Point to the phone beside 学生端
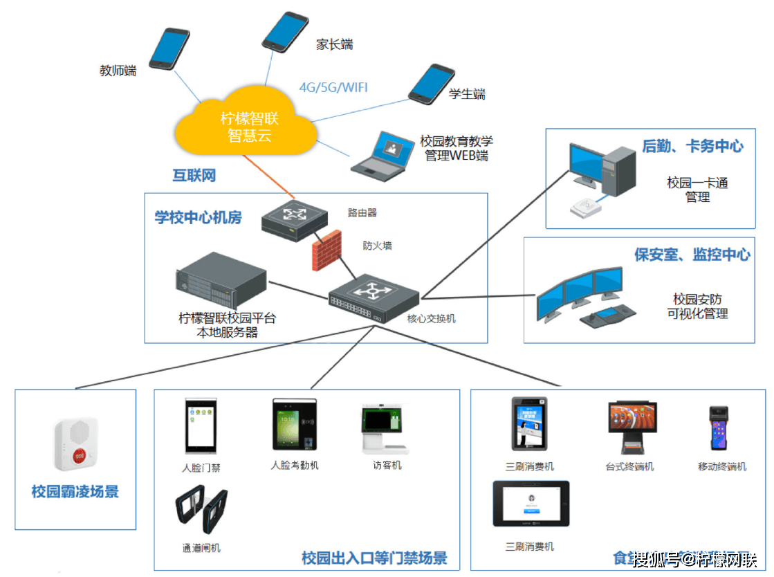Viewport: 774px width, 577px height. coord(431,84)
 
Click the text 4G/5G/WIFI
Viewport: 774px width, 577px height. coord(333,87)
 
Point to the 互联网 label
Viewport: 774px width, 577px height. coord(194,176)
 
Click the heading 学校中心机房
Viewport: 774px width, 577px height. coord(198,217)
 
